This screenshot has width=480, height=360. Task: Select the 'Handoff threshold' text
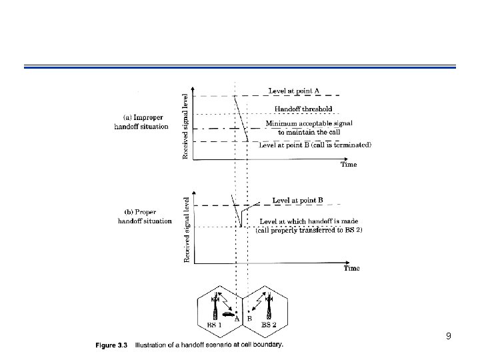tap(303, 109)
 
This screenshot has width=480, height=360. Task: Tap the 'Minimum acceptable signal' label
tap(309, 123)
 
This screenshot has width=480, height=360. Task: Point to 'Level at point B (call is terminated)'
tap(315, 145)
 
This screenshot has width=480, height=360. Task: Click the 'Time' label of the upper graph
tap(349, 165)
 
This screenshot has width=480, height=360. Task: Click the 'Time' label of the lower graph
tap(351, 268)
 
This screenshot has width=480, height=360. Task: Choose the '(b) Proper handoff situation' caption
tap(144, 216)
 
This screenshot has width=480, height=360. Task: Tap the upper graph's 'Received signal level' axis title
tap(185, 125)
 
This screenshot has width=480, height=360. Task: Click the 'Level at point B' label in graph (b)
tap(298, 199)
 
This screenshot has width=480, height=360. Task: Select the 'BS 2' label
tap(269, 325)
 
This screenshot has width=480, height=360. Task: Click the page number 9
tap(449, 337)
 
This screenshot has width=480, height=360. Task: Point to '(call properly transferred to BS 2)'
tap(309, 230)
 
